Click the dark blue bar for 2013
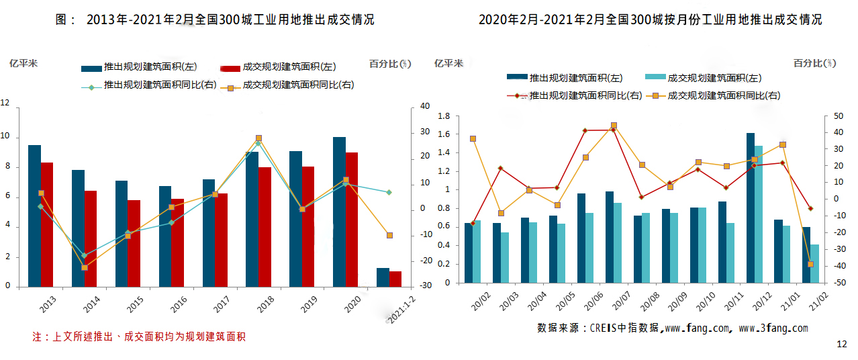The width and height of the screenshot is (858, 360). [34, 216]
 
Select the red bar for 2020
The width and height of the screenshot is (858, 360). [352, 220]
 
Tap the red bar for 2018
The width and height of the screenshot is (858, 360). [265, 227]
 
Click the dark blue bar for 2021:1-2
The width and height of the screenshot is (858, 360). [383, 277]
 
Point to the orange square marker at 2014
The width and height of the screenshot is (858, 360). [85, 267]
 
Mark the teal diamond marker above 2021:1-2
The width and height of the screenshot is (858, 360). [389, 192]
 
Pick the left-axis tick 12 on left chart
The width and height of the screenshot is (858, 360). [5, 103]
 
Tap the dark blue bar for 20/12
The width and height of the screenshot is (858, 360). [751, 208]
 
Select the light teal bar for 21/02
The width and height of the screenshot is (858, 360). [814, 264]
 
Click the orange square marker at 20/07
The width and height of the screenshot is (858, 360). [614, 126]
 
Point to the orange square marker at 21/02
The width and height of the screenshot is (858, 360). [810, 264]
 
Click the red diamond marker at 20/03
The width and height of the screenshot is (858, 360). [500, 168]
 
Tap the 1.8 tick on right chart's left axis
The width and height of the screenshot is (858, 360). [443, 116]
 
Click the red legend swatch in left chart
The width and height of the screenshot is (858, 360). [230, 67]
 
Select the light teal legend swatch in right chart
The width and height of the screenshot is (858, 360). [655, 78]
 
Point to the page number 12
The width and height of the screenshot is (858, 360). [842, 345]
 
